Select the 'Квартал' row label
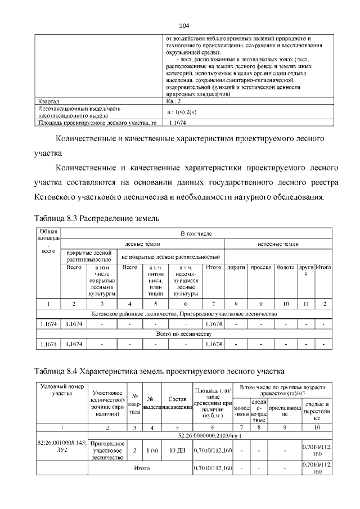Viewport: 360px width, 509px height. [x=48, y=102]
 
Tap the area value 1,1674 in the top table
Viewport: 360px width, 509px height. [x=178, y=121]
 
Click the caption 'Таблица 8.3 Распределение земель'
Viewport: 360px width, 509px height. [x=97, y=218]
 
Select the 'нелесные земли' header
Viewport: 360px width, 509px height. [x=278, y=244]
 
